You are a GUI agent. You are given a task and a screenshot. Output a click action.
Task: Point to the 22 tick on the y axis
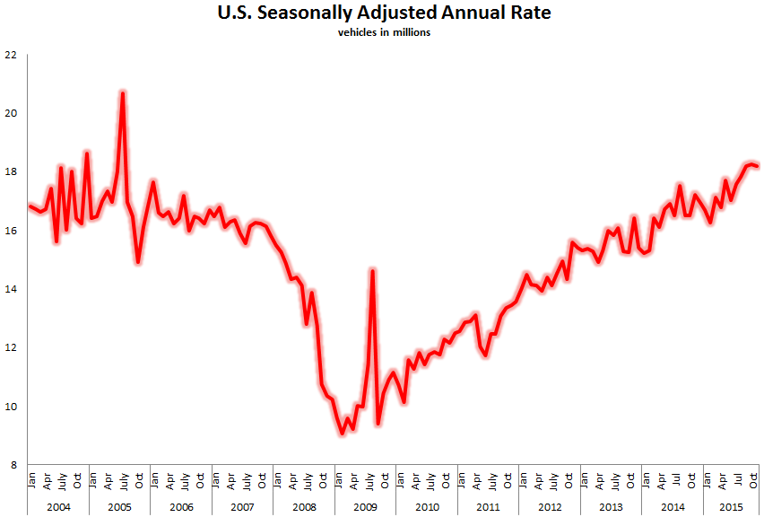[11, 55]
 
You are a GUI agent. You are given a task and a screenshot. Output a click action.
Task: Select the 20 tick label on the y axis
[11, 113]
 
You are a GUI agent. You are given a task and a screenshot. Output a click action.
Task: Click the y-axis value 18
[11, 171]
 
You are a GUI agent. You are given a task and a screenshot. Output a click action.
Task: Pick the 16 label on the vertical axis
[11, 231]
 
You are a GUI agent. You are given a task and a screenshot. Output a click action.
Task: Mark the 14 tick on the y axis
[11, 289]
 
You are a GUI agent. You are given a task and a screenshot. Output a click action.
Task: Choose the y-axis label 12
[11, 347]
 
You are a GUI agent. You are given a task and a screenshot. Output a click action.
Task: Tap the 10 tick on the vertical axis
[11, 407]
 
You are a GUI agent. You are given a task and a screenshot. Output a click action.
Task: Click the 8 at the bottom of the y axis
[13, 465]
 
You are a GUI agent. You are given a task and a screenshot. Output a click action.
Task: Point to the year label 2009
[365, 507]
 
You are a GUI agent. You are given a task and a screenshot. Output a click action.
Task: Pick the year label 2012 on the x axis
[549, 507]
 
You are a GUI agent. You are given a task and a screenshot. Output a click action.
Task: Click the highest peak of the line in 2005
[122, 92]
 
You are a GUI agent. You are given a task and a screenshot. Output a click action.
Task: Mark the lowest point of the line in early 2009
[342, 434]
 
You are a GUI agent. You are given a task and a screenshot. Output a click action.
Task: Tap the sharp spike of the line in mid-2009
[372, 270]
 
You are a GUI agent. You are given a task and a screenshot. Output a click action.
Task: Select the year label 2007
[242, 507]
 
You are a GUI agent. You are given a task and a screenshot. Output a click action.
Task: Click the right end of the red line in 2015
[758, 166]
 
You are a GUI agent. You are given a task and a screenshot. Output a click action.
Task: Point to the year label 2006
[181, 507]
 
